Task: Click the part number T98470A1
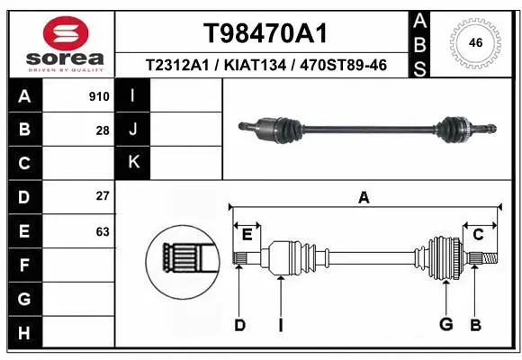[x=265, y=33]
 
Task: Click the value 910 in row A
[x=99, y=96]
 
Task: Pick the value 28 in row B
[x=103, y=130]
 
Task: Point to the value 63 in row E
[x=103, y=231]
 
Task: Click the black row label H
[x=23, y=332]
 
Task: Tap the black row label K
[x=133, y=163]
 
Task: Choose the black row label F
[x=23, y=265]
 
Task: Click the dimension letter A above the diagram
[x=364, y=198]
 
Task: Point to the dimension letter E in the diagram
[x=246, y=235]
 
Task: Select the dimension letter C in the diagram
[x=479, y=235]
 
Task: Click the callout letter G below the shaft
[x=445, y=325]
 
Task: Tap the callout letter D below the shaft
[x=239, y=325]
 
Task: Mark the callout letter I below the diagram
[x=281, y=325]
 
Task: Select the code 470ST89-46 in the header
[x=339, y=67]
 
